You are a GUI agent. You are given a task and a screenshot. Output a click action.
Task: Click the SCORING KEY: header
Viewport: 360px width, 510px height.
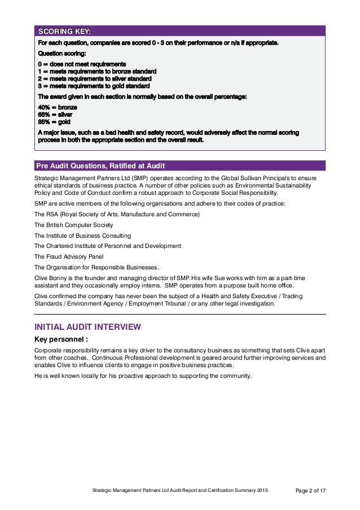pos(63,30)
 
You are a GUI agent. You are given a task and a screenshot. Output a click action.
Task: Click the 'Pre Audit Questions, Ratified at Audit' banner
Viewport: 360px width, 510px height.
pos(100,165)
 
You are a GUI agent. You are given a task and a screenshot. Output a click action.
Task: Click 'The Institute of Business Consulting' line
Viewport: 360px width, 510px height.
pos(82,236)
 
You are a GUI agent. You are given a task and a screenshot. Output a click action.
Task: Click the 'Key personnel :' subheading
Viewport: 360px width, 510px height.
pos(62,340)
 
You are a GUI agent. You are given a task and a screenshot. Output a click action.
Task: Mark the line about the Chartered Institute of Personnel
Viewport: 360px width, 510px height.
pos(108,246)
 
